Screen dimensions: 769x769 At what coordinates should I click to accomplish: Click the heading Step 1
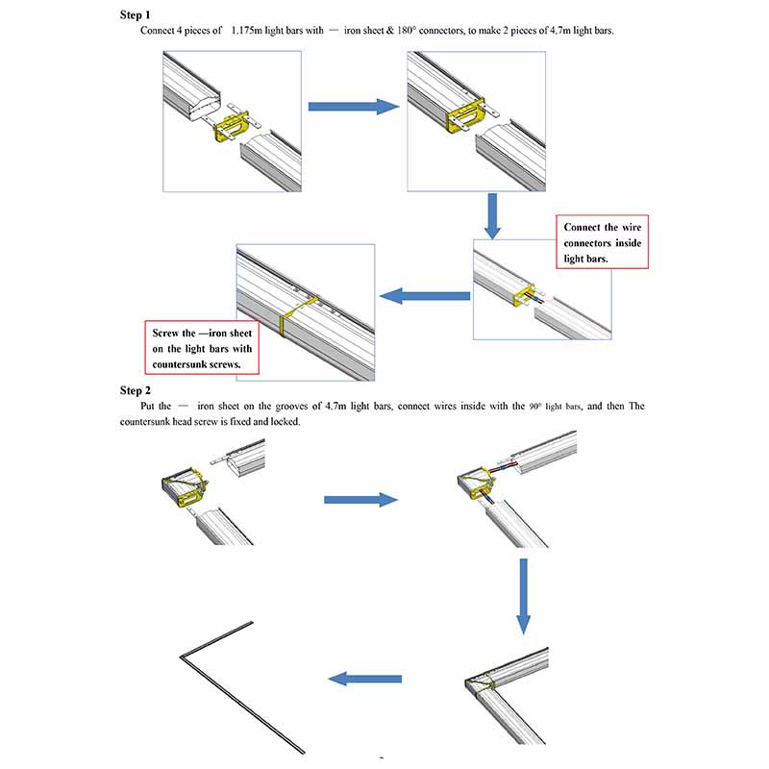tap(136, 15)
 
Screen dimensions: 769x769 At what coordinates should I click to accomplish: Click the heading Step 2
tap(136, 390)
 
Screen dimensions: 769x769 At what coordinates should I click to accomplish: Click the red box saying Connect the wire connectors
tap(602, 242)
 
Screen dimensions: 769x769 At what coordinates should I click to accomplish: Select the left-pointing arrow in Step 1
tap(424, 296)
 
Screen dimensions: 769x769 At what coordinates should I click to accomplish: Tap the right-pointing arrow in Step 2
tap(360, 500)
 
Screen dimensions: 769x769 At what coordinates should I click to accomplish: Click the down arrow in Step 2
tap(523, 595)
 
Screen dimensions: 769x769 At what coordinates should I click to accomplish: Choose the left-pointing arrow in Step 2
tap(364, 679)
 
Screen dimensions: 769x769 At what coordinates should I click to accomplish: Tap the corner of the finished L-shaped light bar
tap(182, 657)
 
